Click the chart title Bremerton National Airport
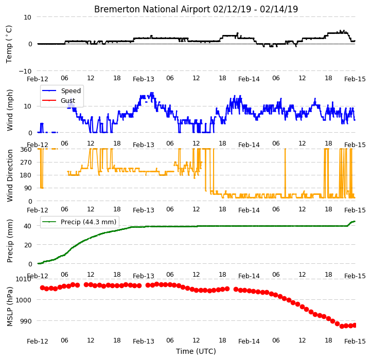pyautogui.click(x=152, y=9)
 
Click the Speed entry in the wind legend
pyautogui.click(x=70, y=91)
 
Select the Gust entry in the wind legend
pyautogui.click(x=68, y=100)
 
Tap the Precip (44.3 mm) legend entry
pyautogui.click(x=89, y=222)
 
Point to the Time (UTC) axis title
pyautogui.click(x=196, y=351)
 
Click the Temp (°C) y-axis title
pyautogui.click(x=9, y=44)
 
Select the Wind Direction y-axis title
pyautogui.click(x=9, y=175)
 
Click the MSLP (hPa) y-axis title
pyautogui.click(x=9, y=307)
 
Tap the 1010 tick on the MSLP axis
pyautogui.click(x=23, y=279)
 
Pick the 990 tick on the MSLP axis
pyautogui.click(x=25, y=321)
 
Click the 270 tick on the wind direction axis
pyautogui.click(x=26, y=163)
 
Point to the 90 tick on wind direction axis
pyautogui.click(x=28, y=188)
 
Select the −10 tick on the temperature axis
pyautogui.click(x=25, y=71)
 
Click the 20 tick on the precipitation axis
pyautogui.click(x=28, y=245)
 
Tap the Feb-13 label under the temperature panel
pyautogui.click(x=144, y=79)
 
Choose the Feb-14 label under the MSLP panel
pyautogui.click(x=249, y=341)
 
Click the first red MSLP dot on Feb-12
pyautogui.click(x=42, y=287)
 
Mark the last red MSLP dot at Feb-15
pyautogui.click(x=355, y=326)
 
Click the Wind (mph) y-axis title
pyautogui.click(x=9, y=110)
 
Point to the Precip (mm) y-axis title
pyautogui.click(x=9, y=241)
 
